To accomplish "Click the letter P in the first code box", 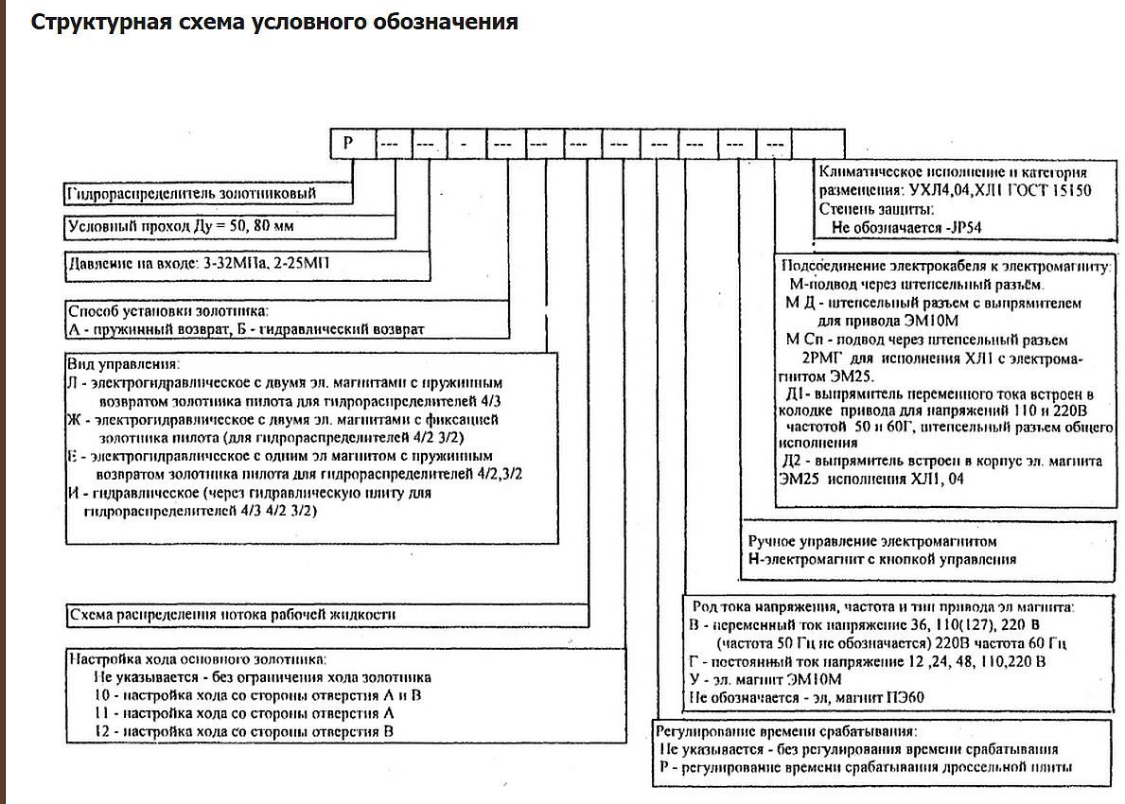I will pyautogui.click(x=348, y=145).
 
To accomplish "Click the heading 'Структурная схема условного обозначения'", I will pyautogui.click(x=274, y=22).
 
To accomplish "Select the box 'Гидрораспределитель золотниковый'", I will pyautogui.click(x=189, y=194).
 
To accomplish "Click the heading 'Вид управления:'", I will pyautogui.click(x=123, y=364).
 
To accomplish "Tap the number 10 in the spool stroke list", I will pyautogui.click(x=102, y=695).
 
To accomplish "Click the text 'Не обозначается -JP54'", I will pyautogui.click(x=912, y=227).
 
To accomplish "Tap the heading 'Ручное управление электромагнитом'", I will pyautogui.click(x=872, y=542).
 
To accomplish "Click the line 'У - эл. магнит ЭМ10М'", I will pyautogui.click(x=765, y=680).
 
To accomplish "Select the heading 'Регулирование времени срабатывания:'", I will pyautogui.click(x=787, y=731).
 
